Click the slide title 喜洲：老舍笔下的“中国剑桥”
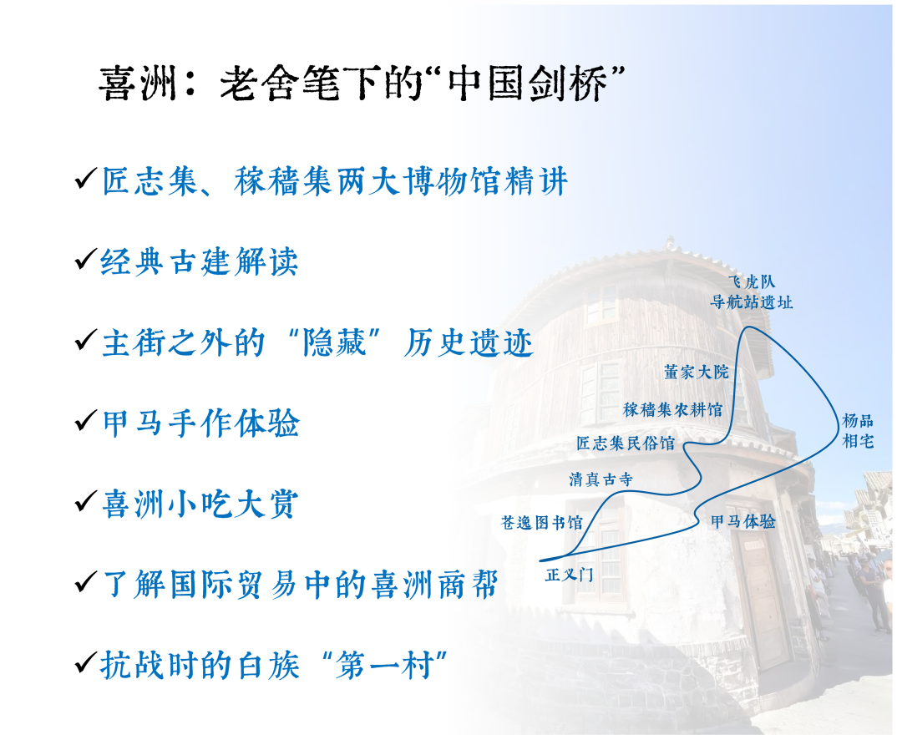pos(361,84)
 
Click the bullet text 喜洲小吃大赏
pos(200,504)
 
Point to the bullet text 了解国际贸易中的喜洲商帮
pos(300,585)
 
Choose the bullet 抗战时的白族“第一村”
pos(273,665)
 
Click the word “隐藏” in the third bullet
pos(335,343)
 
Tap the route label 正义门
pos(570,575)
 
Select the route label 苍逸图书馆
pos(541,522)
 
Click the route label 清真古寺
pos(601,479)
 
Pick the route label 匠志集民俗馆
pos(626,444)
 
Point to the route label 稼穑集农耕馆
pos(673,409)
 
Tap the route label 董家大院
pos(697,373)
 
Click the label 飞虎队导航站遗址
pos(751,291)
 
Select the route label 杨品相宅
pos(858,431)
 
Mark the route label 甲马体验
pos(743,521)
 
